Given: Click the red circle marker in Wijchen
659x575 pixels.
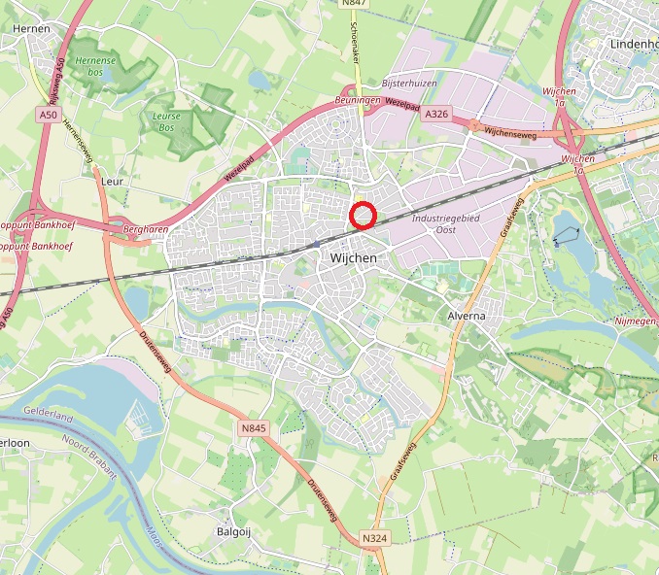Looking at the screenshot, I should point(363,215).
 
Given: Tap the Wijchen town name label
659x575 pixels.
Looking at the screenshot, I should point(346,258).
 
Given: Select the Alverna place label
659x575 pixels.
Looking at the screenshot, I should point(466,317).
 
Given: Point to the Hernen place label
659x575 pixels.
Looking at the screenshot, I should point(31,29).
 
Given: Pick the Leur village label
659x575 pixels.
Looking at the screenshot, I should point(110,181).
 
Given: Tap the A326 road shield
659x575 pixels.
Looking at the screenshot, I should point(435,115).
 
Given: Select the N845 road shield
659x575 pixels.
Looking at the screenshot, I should point(253,427).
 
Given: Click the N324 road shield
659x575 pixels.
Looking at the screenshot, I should point(373,537).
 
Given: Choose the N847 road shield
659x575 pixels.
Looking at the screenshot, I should point(353,3).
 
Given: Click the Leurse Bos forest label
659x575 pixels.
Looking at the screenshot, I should point(168,120).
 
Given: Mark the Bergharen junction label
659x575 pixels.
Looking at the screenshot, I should point(147,229).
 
